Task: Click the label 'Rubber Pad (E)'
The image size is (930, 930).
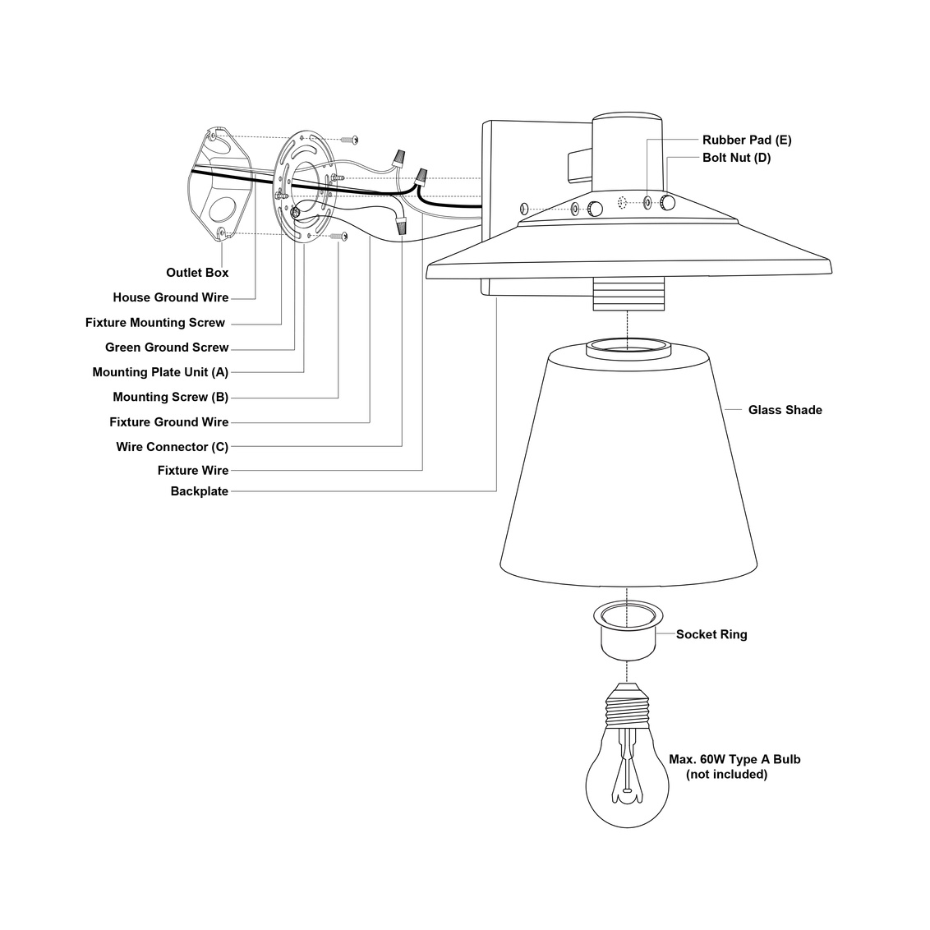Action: coord(746,140)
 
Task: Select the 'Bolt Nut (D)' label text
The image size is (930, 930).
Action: coord(736,158)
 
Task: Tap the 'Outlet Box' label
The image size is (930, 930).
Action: coord(197,273)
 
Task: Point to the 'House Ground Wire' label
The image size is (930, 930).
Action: coord(171,297)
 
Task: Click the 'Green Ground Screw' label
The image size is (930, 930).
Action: coord(167,348)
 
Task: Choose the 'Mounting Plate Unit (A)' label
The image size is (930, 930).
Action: coord(160,372)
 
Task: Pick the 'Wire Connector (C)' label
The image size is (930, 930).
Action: coord(172,447)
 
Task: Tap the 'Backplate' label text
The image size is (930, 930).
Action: coord(199,491)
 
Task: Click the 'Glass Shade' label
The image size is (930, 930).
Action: coord(785,410)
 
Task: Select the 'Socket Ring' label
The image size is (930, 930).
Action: coord(711,634)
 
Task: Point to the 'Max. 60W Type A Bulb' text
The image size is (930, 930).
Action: coord(734,759)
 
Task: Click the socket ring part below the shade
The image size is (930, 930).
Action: coord(628,628)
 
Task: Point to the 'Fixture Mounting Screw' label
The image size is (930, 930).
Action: coord(155,323)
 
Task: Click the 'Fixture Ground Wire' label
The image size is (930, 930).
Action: coord(169,422)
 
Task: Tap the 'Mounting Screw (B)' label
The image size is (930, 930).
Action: coord(170,398)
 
